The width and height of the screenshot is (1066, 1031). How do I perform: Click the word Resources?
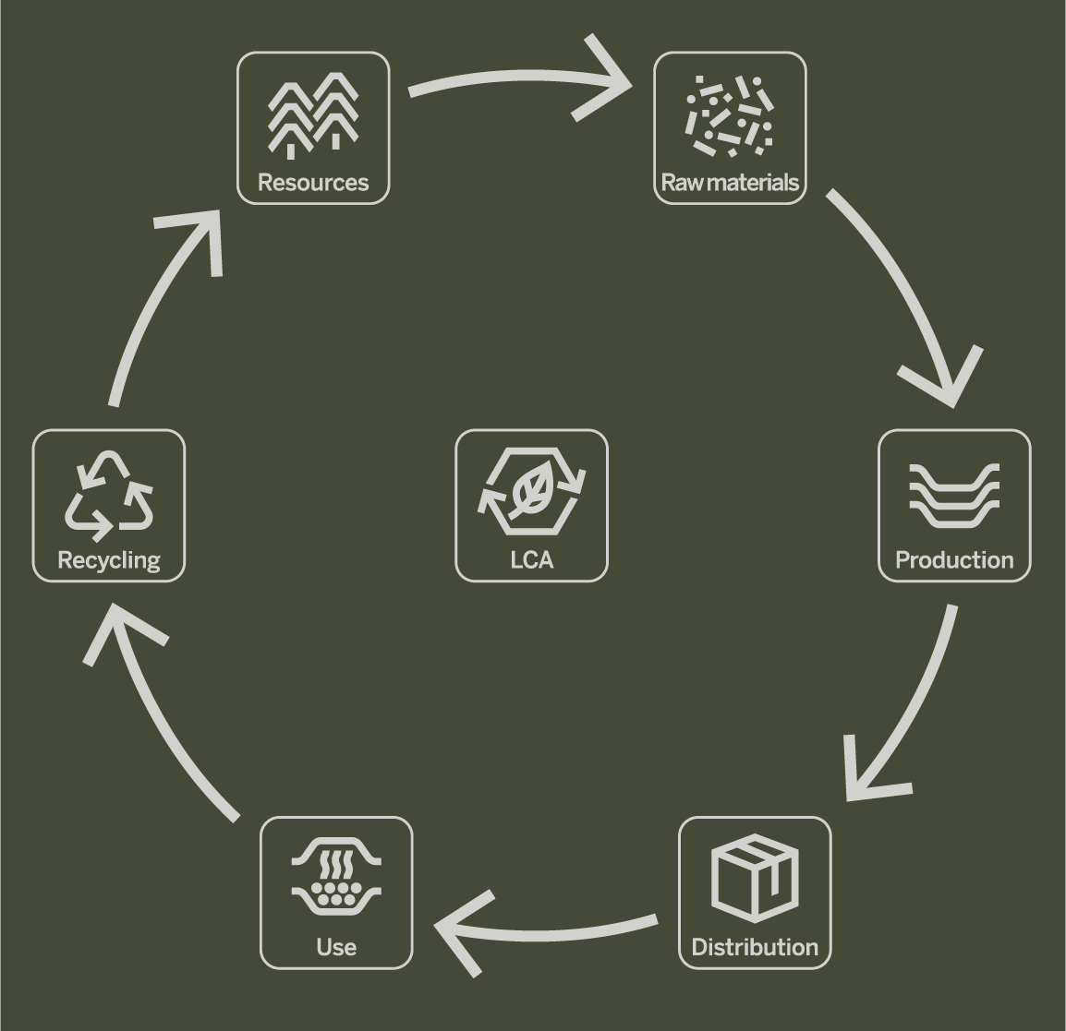[x=313, y=183]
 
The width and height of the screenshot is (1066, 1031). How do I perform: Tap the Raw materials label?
[x=730, y=183]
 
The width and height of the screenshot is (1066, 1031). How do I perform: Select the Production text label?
[x=954, y=560]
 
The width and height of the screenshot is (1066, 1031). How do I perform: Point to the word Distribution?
[x=755, y=947]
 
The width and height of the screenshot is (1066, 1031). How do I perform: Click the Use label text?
[x=336, y=947]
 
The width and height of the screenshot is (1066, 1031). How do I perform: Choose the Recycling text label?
[x=109, y=560]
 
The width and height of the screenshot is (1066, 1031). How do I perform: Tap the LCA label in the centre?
[x=531, y=560]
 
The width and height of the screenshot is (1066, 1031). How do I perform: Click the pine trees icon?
[x=313, y=115]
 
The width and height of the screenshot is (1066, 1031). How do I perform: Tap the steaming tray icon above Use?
[x=336, y=880]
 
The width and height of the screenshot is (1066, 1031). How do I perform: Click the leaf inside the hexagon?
[x=531, y=492]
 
